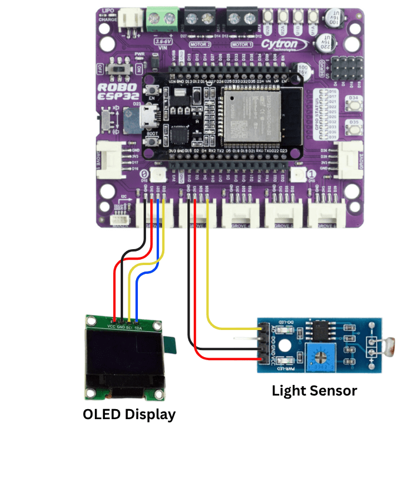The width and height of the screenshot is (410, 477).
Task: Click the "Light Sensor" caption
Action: [314, 390]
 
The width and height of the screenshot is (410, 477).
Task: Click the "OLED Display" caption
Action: [129, 414]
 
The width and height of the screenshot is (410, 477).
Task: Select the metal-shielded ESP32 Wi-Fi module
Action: [248, 113]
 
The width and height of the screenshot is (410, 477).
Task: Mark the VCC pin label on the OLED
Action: [111, 326]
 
